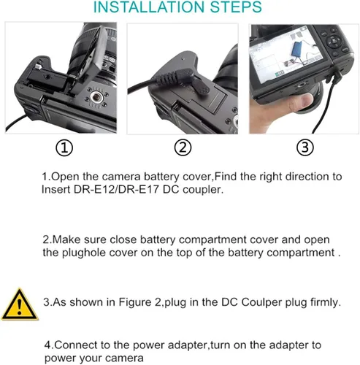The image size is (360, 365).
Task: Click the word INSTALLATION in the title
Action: click(149, 7)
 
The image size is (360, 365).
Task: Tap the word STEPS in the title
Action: click(236, 7)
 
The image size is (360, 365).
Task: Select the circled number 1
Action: click(64, 148)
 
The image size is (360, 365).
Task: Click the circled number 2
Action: click(183, 147)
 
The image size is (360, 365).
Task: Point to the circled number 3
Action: click(305, 147)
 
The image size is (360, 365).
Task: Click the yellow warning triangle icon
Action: click(20, 305)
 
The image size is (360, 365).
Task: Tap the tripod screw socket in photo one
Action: click(96, 97)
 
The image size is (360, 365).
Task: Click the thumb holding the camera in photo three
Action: click(301, 103)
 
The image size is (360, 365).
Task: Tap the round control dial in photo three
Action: click(334, 41)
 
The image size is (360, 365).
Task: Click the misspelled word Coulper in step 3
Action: click(261, 302)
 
